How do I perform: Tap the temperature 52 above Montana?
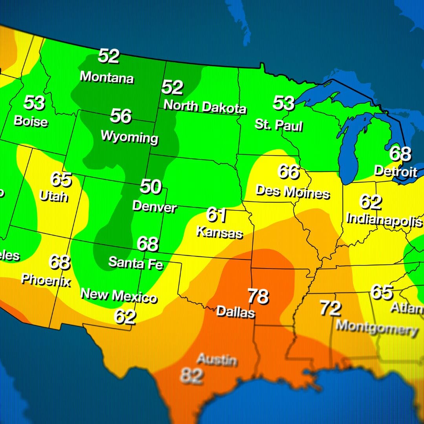[x=108, y=56]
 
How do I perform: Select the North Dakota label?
[x=205, y=106]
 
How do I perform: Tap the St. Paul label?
[x=278, y=125]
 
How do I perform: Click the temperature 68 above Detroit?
[x=400, y=154]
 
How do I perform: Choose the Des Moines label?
[x=292, y=192]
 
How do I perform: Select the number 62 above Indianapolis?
[x=370, y=202]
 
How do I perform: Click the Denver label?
[x=154, y=207]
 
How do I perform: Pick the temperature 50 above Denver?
[x=150, y=186]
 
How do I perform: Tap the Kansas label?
[x=219, y=233]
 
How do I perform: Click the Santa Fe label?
[x=135, y=263]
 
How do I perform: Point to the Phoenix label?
[x=46, y=280]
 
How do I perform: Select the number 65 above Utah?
[x=61, y=179]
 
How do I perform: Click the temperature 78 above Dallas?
[x=258, y=296]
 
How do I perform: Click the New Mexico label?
[x=119, y=295]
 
